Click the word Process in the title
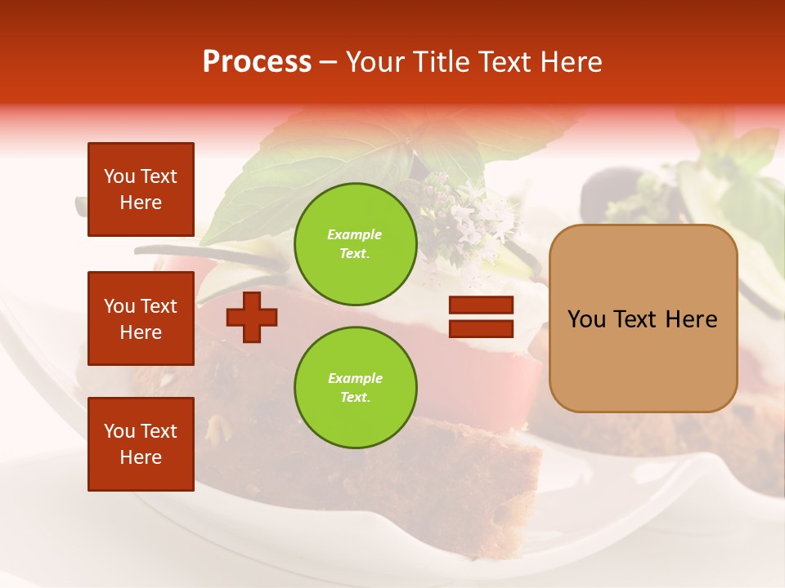click(x=257, y=62)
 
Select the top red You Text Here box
click(x=141, y=189)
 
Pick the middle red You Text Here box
click(x=141, y=318)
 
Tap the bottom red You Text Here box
click(x=141, y=444)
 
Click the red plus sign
click(x=251, y=317)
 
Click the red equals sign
click(x=481, y=317)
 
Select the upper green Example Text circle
click(x=355, y=243)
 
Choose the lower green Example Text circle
click(x=355, y=387)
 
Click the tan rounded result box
click(x=643, y=318)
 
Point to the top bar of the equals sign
click(x=481, y=305)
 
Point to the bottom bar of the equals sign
click(x=481, y=328)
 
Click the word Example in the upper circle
click(x=355, y=234)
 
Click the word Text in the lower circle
click(x=355, y=397)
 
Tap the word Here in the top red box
click(x=141, y=203)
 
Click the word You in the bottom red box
click(x=119, y=431)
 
